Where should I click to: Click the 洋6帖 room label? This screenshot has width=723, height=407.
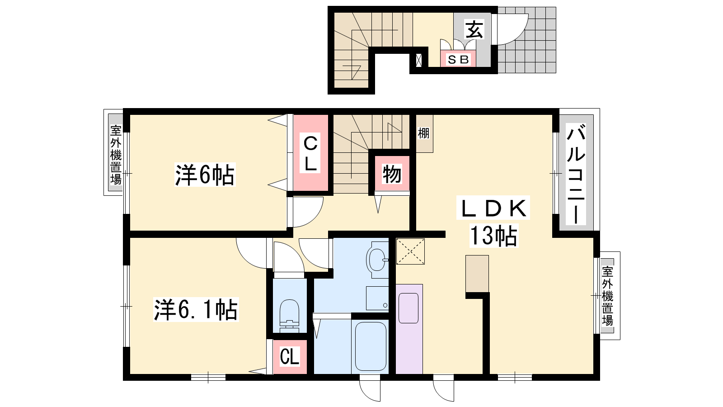coord(205,175)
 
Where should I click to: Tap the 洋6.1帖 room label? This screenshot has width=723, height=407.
coord(196,310)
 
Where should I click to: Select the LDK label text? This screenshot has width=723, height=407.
coord(493,208)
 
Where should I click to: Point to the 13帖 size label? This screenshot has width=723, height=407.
coord(493,236)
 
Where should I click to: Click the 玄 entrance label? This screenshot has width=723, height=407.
coord(474,29)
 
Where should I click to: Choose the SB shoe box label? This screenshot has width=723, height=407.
coord(458,59)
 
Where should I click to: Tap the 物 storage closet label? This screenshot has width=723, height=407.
coord(392,174)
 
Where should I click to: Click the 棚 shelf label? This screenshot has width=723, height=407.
coord(424,133)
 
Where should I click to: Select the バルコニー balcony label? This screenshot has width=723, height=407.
coord(576,174)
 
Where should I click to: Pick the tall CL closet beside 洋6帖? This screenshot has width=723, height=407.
coord(310,153)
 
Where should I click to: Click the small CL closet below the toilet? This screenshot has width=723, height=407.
coord(290,357)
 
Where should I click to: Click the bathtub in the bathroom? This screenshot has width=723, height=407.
coord(371,346)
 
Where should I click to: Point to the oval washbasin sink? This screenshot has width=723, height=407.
coord(377,260)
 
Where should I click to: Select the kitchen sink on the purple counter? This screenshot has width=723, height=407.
coord(408,308)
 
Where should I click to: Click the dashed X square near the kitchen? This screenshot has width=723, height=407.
coord(410,251)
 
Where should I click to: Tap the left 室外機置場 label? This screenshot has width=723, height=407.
coord(116,155)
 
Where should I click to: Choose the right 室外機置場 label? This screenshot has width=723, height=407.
coord(607,296)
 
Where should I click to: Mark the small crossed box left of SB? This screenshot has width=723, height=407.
coord(418,61)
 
